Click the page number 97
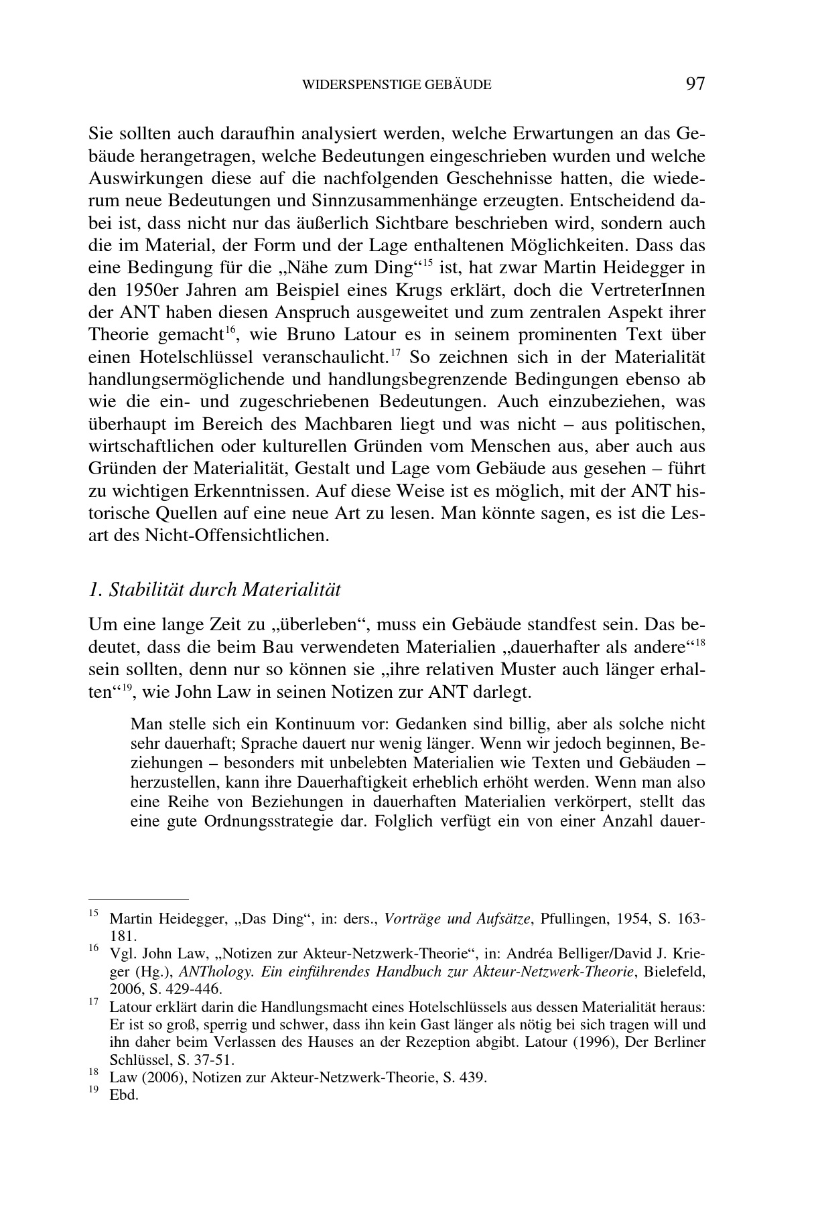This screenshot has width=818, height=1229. pos(695,84)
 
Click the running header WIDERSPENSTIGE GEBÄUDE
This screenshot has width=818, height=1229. pos(397,85)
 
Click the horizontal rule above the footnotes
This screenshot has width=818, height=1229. pos(139,899)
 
